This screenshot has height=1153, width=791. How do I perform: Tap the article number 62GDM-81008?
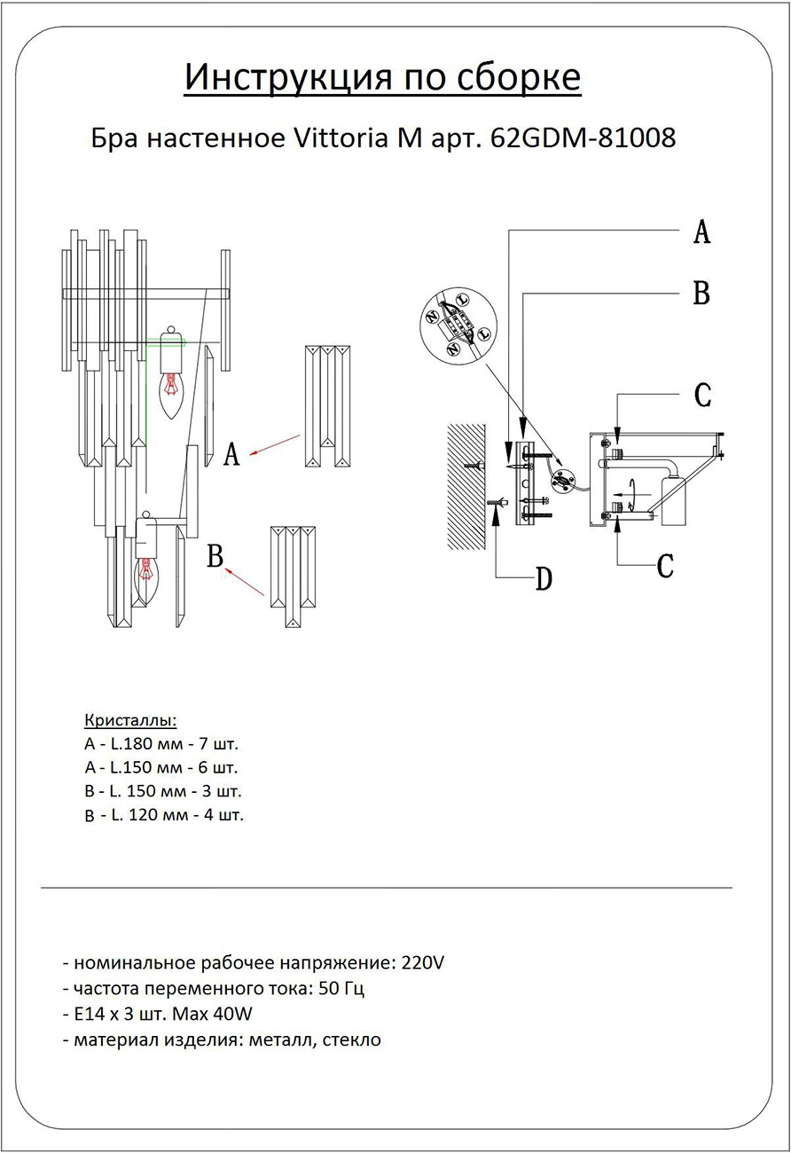[583, 138]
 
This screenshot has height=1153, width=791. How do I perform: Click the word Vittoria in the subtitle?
[336, 138]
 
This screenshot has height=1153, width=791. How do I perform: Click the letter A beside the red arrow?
[231, 455]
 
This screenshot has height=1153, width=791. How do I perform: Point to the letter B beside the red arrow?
[214, 557]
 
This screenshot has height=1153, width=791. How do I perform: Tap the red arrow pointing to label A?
[275, 444]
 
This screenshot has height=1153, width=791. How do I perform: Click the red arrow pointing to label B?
[247, 583]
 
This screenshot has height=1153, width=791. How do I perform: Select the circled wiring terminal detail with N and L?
[458, 325]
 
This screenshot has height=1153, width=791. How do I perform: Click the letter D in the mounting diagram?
[544, 580]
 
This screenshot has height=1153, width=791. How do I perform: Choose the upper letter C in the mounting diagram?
[702, 396]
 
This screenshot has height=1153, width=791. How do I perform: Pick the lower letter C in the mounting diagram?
[666, 566]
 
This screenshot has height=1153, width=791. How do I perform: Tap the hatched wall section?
[466, 486]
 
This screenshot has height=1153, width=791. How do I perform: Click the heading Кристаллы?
[130, 719]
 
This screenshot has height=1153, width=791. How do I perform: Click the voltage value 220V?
[422, 962]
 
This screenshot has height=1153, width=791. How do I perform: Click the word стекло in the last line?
[351, 1039]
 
